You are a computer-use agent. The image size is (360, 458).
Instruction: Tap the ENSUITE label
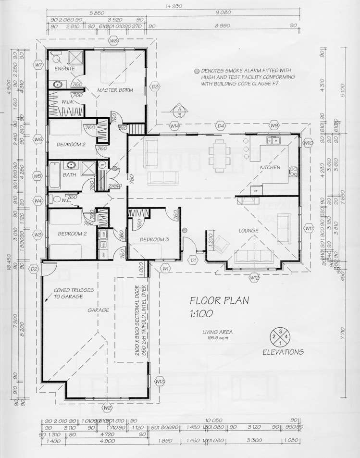pyautogui.click(x=64, y=69)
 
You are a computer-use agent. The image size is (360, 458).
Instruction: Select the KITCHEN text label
pyautogui.click(x=270, y=167)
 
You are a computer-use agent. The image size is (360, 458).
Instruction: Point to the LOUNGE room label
pyautogui.click(x=248, y=231)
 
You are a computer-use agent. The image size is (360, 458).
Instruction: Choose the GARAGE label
pyautogui.click(x=98, y=310)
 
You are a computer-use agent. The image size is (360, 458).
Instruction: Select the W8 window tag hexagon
pyautogui.click(x=114, y=41)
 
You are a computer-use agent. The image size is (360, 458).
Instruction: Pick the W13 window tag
pyautogui.click(x=160, y=381)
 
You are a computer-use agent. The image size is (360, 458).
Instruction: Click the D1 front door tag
pyautogui.click(x=193, y=260)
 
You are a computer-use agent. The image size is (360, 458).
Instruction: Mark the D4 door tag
pyautogui.click(x=221, y=126)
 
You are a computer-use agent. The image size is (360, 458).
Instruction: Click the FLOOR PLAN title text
pyautogui.click(x=219, y=301)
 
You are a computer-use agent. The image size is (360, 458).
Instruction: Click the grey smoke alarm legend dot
pyautogui.click(x=196, y=71)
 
